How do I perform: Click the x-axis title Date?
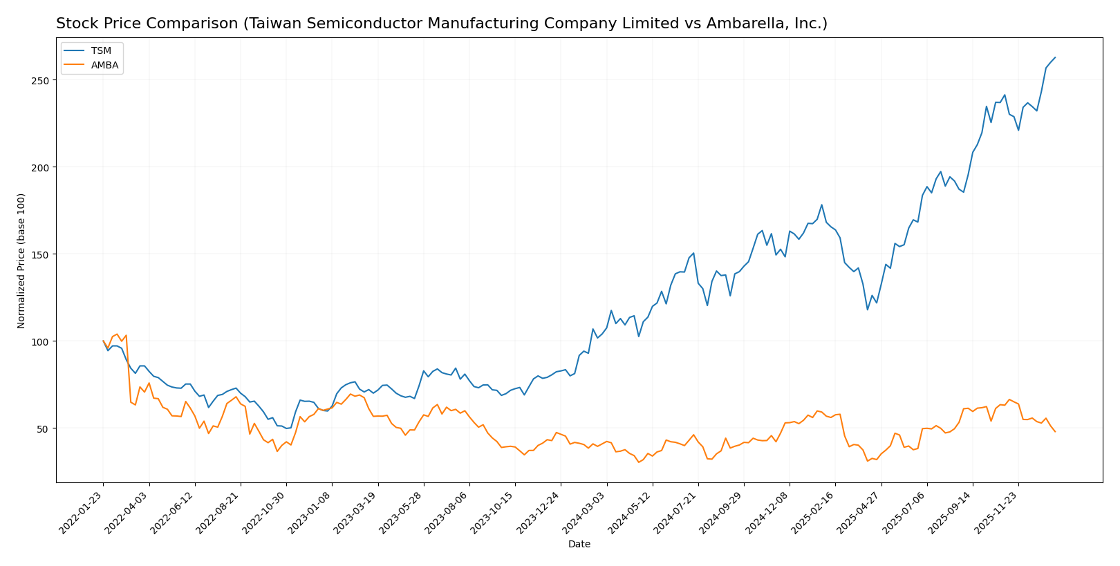(579, 545)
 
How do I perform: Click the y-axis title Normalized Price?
(21, 261)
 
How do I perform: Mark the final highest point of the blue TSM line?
(1055, 57)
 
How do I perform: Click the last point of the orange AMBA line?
(1055, 432)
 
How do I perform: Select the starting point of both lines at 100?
(103, 341)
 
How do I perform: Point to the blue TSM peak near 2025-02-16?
(821, 205)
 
